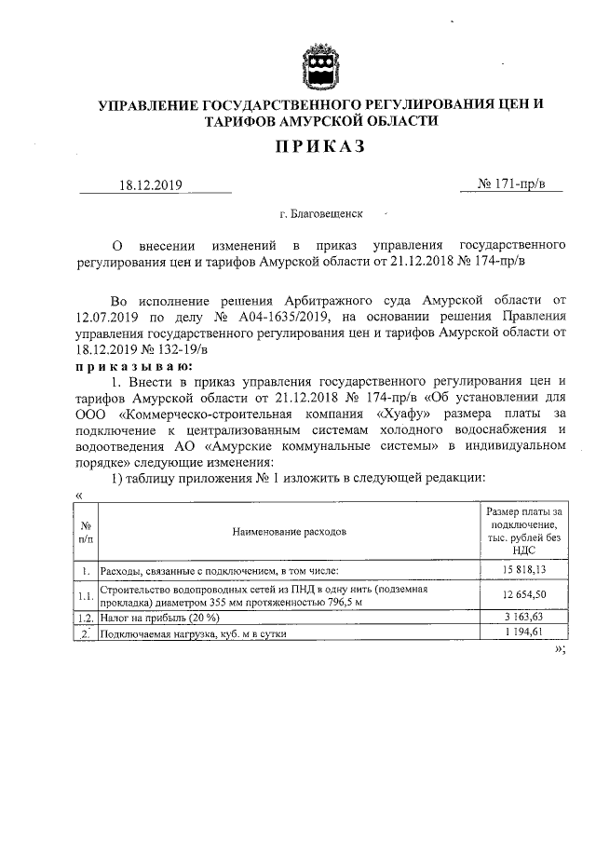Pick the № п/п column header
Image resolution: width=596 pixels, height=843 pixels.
85,531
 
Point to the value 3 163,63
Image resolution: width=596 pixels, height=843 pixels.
525,618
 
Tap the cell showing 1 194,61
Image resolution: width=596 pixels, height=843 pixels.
525,633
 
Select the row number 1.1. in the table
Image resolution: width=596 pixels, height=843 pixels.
85,596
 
